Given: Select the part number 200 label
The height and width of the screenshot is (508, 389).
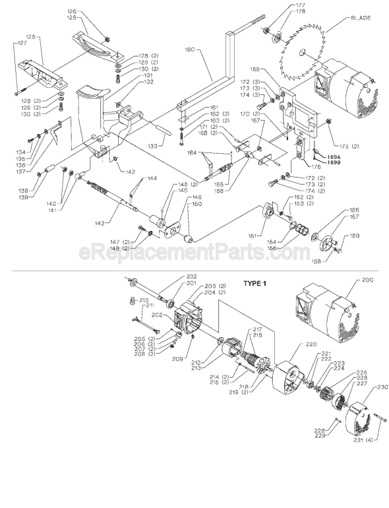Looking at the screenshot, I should click(x=367, y=280).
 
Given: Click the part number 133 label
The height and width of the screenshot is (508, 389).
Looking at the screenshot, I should click(x=154, y=145).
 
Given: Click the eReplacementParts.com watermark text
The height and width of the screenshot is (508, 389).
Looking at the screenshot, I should click(x=194, y=252).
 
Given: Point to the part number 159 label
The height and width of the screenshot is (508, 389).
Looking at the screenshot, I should click(x=355, y=236).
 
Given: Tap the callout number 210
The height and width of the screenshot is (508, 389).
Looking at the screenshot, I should click(x=143, y=300).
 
